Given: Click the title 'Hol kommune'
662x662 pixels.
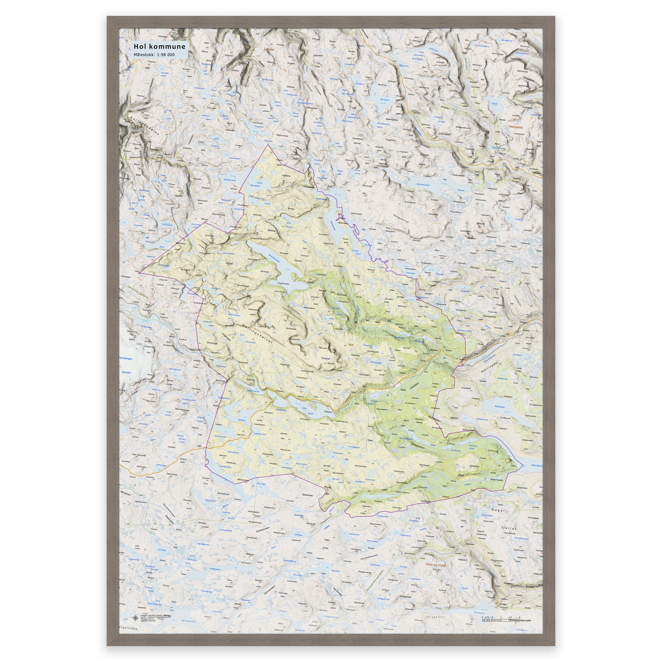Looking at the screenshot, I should (159, 46).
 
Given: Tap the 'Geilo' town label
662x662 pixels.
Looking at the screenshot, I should (405, 390).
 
